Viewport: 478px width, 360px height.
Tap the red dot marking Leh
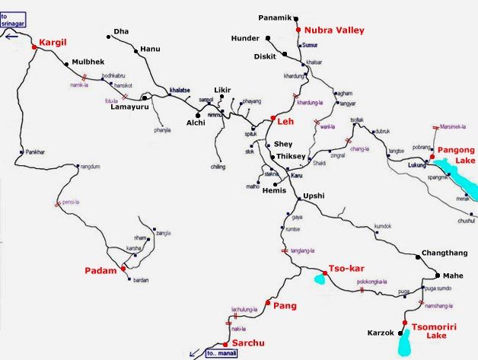(x=272, y=118)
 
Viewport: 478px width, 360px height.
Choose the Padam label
(x=102, y=270)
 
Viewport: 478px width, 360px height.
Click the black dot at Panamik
(x=297, y=18)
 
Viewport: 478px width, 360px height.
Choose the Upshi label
(x=314, y=196)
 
